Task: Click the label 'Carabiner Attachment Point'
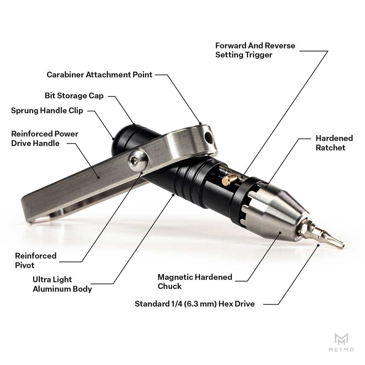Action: point(99,75)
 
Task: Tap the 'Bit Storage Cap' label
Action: point(74,96)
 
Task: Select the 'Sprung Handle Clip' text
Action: point(47,110)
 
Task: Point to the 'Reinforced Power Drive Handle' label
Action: point(45,139)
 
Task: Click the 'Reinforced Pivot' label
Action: point(36,261)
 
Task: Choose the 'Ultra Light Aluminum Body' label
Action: point(62,284)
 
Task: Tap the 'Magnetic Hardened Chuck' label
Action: point(195,282)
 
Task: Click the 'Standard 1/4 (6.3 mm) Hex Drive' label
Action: point(195,304)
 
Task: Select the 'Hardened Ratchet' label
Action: point(334,143)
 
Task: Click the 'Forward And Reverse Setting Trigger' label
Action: point(255,50)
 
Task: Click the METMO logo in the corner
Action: point(341,342)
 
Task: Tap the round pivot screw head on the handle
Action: point(138,160)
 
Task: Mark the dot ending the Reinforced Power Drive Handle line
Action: point(98,178)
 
